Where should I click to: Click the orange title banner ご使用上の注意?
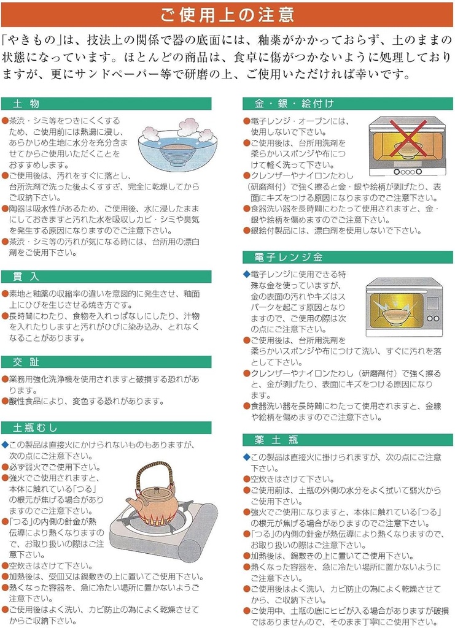(227, 13)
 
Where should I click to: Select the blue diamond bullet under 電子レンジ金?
(247, 274)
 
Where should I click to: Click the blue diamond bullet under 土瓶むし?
(5, 445)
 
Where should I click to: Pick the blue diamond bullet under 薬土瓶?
(247, 457)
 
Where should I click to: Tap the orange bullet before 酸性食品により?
(5, 401)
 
